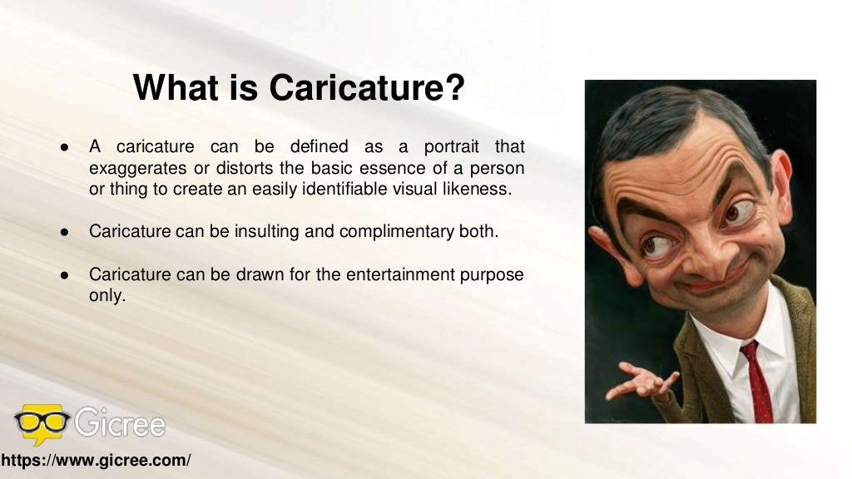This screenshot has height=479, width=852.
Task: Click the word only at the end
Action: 106,295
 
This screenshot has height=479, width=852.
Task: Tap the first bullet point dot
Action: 63,148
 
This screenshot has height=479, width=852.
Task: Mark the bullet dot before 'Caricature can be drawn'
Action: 63,275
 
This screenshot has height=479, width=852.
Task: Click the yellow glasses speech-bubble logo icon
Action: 42,424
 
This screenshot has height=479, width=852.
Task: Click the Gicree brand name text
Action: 120,424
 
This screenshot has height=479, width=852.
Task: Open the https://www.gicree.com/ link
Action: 96,460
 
